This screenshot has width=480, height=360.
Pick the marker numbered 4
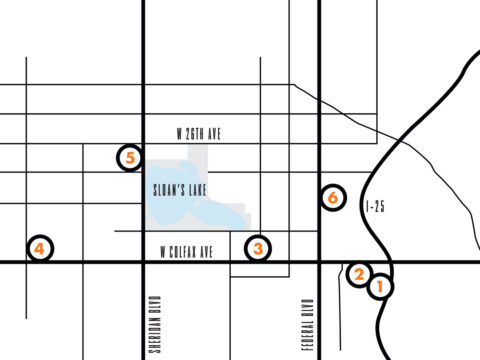click(39, 248)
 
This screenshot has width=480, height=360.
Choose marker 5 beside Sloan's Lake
click(130, 157)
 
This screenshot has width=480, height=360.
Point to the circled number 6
click(332, 197)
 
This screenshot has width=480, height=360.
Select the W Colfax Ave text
click(187, 250)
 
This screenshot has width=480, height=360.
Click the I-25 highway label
click(375, 206)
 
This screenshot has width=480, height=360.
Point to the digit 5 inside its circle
click(130, 157)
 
